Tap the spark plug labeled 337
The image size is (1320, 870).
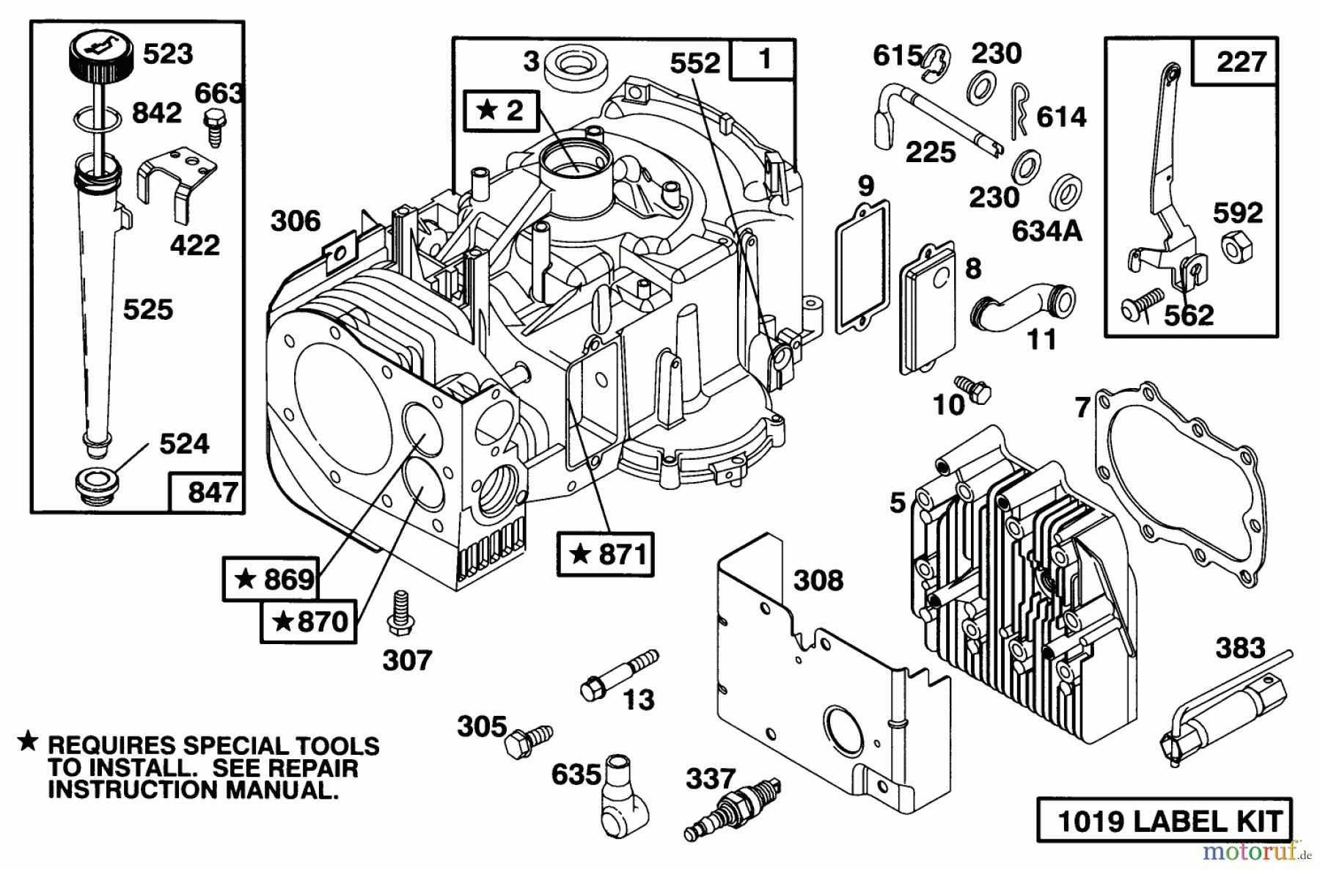733,811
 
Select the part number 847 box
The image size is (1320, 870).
206,492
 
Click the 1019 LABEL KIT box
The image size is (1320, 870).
1165,821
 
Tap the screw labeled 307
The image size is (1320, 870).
400,613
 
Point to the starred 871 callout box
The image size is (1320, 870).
605,554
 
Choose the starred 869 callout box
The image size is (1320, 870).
271,580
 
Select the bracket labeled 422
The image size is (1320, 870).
176,180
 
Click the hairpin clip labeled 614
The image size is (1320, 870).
1019,109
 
